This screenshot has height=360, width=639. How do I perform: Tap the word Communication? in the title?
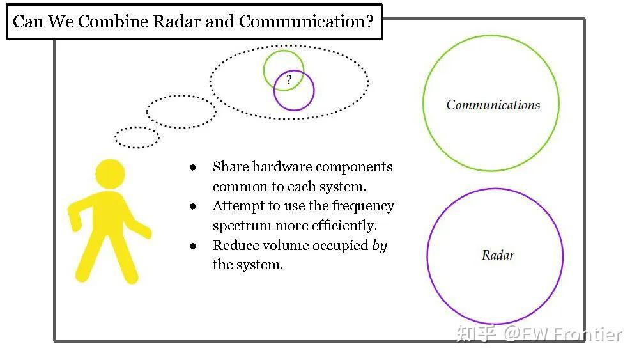click(x=306, y=21)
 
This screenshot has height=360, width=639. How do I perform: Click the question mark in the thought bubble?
click(x=289, y=79)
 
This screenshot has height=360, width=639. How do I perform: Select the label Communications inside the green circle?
click(x=493, y=105)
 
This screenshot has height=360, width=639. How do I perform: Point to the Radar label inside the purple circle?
click(x=498, y=255)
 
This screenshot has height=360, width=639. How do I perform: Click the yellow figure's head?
click(x=110, y=174)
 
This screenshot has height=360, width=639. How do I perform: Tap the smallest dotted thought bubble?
click(x=137, y=137)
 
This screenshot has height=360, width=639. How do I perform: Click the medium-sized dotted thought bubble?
click(x=181, y=112)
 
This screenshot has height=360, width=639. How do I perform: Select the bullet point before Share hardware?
click(x=193, y=167)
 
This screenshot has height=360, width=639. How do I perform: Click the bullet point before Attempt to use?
click(x=193, y=207)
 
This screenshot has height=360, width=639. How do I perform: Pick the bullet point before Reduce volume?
click(x=193, y=246)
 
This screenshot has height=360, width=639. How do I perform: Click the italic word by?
click(x=380, y=246)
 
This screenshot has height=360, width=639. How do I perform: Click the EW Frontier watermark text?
click(x=563, y=334)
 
